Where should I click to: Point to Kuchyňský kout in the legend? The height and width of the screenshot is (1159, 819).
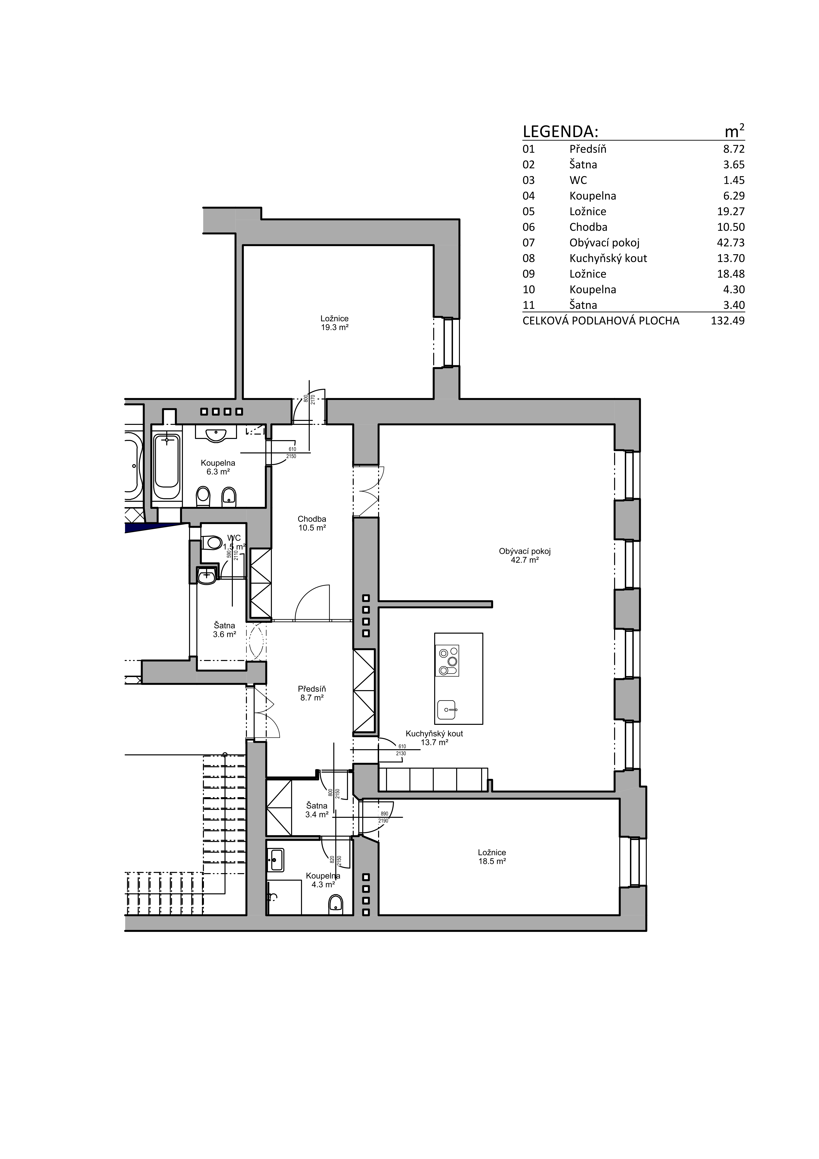coord(608,259)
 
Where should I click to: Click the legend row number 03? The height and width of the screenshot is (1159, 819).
coord(528,180)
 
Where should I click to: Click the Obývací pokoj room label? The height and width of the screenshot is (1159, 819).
coord(525,555)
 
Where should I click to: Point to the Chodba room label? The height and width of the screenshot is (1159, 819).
coord(312,523)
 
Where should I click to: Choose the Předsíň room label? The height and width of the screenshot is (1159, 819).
coord(312,693)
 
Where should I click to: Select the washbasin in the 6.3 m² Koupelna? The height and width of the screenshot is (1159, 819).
coord(216,434)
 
